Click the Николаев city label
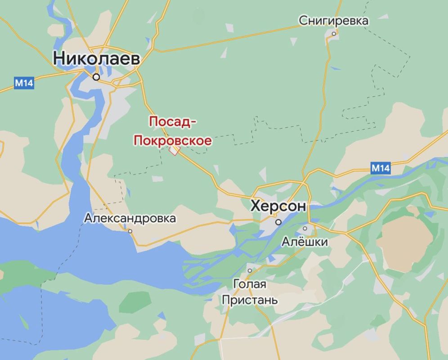(x=97, y=58)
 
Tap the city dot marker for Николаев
(x=96, y=77)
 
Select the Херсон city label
(x=278, y=207)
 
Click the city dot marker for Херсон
(x=279, y=222)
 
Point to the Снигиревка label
(x=334, y=20)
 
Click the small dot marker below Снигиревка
(x=334, y=34)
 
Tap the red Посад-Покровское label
(x=172, y=131)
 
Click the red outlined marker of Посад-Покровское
(x=173, y=151)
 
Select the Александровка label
(x=130, y=219)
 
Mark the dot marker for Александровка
(x=130, y=231)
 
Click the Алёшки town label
(x=305, y=242)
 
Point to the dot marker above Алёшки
(x=305, y=228)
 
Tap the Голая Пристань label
(x=250, y=292)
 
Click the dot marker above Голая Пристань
(x=250, y=270)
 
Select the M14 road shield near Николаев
(x=24, y=83)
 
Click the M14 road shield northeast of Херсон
(x=381, y=168)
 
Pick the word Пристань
(x=250, y=300)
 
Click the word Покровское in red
(x=172, y=140)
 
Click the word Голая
(x=250, y=284)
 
